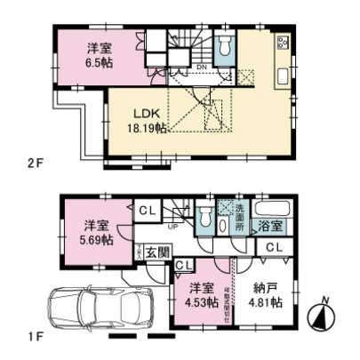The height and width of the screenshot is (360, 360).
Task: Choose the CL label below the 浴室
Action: tap(275, 246)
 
